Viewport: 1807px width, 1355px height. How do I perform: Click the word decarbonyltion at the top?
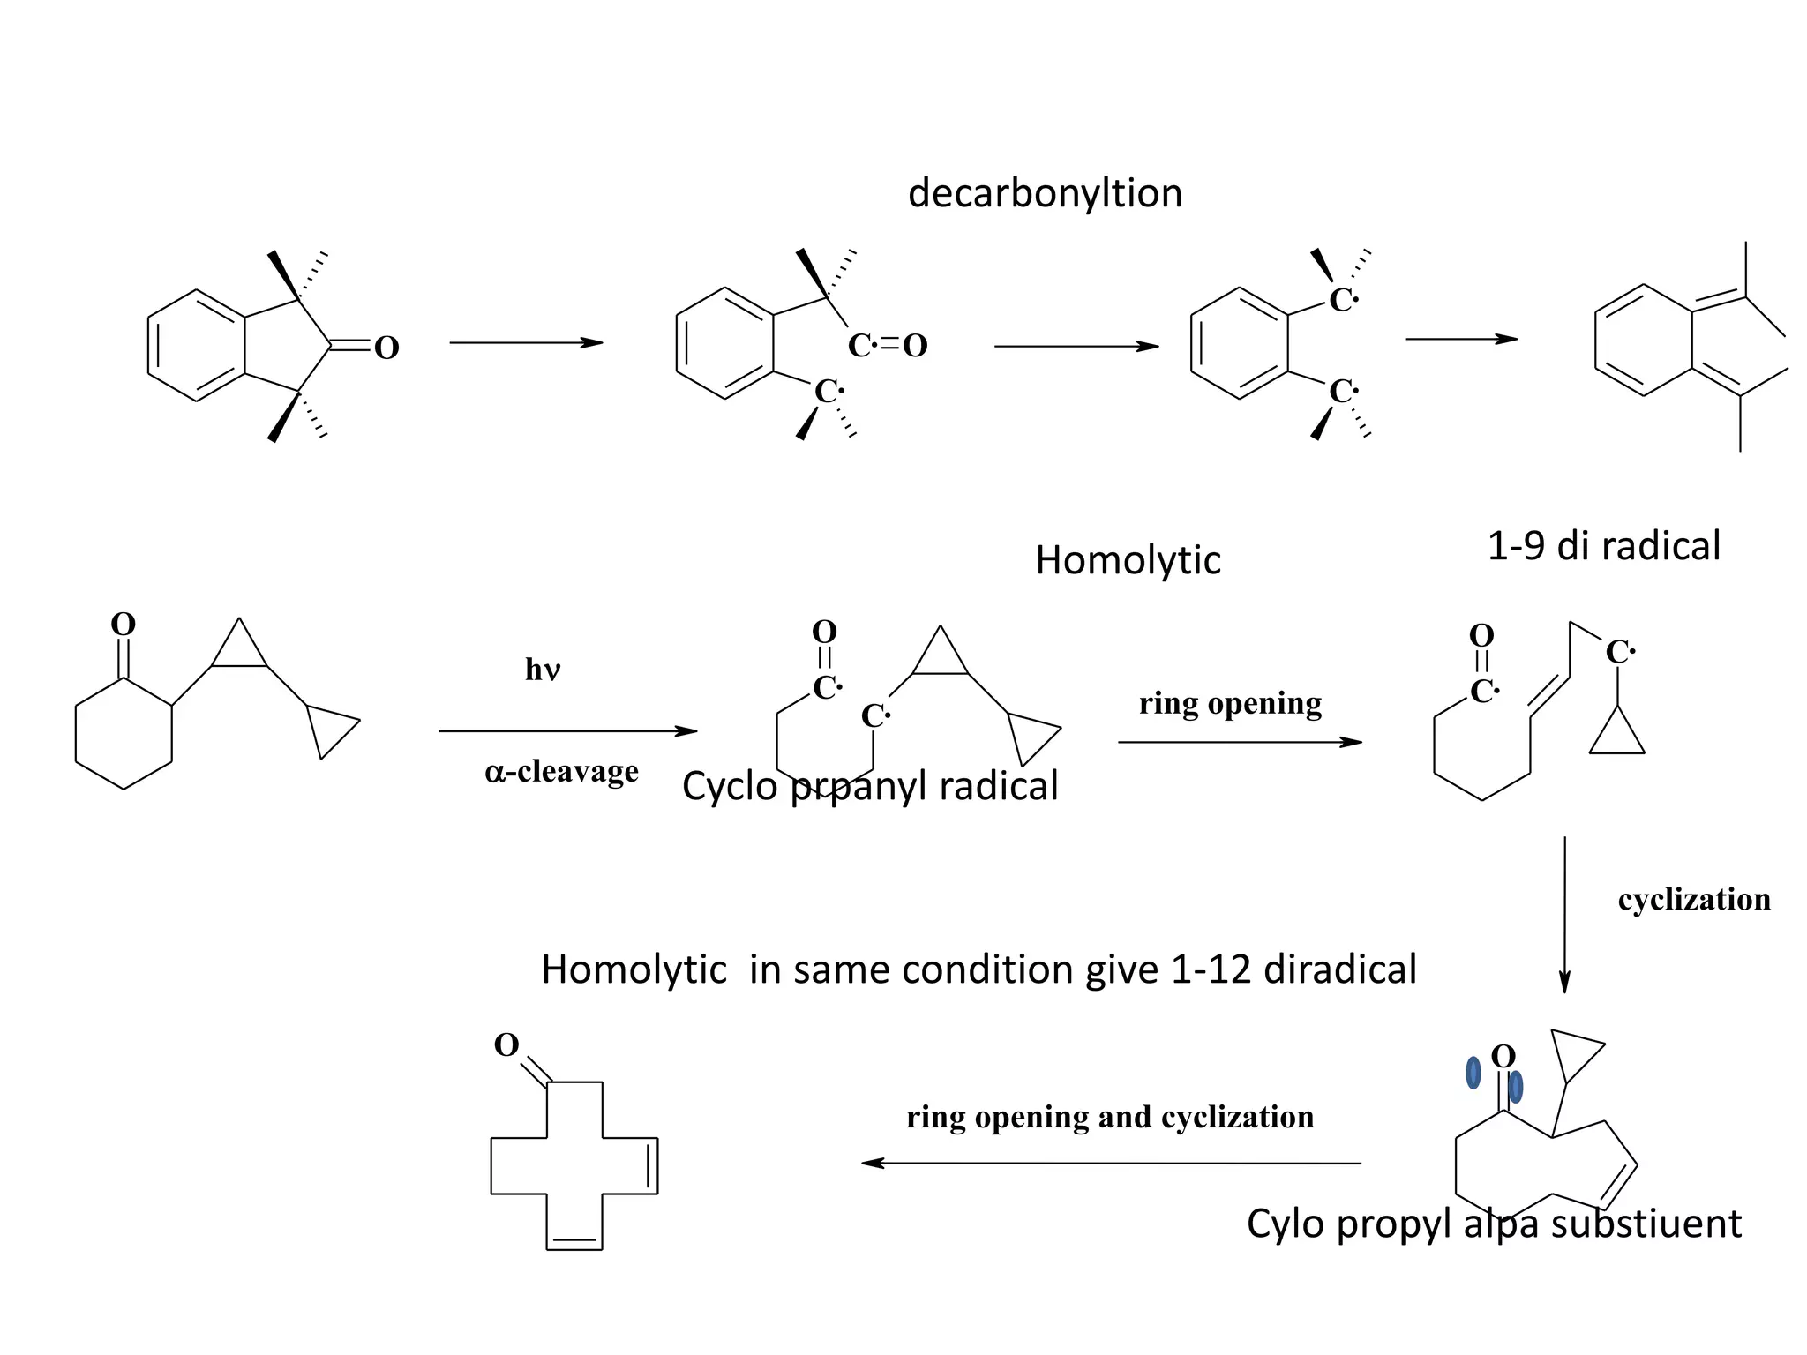1045,193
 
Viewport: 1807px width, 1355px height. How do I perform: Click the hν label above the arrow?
543,670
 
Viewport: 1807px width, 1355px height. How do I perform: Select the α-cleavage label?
561,772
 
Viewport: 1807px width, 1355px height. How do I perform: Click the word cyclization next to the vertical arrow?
1693,899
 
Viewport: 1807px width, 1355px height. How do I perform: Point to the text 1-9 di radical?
1603,546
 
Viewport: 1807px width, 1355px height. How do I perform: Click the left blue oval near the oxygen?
1473,1073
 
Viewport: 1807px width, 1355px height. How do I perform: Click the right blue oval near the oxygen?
1516,1087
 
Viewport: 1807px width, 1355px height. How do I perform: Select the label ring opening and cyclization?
1110,1117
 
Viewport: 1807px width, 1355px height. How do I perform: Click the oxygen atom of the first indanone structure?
386,348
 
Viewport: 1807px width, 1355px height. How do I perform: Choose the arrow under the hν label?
567,731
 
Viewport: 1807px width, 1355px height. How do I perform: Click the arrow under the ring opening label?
1240,743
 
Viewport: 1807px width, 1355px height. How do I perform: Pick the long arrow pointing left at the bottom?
1111,1164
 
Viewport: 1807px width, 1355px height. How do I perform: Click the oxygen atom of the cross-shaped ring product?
506,1045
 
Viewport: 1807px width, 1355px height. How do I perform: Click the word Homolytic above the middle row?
1128,560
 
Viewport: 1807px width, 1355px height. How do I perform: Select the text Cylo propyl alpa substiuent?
1494,1224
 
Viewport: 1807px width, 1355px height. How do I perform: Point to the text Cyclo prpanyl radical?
870,786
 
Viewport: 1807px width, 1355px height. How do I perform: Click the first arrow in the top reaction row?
526,342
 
